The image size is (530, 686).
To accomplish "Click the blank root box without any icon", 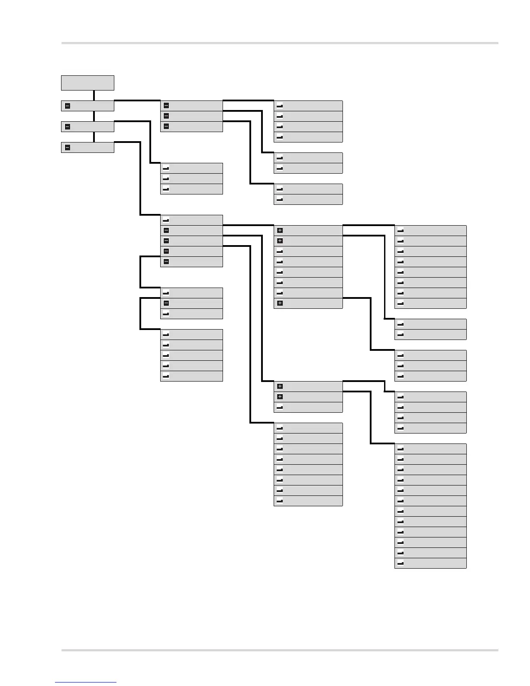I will pos(87,83).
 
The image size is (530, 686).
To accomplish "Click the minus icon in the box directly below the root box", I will pos(68,106).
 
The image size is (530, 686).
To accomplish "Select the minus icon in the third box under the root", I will pos(68,148).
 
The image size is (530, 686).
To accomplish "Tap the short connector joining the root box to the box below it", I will pos(94,95).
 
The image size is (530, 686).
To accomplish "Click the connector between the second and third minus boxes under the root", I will pos(94,137).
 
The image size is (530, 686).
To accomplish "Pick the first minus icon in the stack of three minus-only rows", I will pos(166,106).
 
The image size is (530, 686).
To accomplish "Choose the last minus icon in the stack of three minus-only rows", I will pos(166,126).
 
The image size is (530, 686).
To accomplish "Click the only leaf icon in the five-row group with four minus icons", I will pos(166,220).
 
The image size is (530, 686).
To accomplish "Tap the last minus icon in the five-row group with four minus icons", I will pos(166,262).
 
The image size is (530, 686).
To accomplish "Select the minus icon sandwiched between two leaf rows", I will pos(166,303).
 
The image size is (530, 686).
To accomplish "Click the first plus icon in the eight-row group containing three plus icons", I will pos(280,230).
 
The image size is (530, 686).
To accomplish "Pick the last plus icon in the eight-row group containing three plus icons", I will pos(280,303).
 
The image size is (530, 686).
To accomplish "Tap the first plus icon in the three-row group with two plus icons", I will pos(280,386).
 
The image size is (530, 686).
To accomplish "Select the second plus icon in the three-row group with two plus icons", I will pos(280,397).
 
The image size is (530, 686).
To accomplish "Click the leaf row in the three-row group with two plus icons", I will pos(308,407).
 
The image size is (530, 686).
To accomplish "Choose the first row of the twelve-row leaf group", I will pos(430,449).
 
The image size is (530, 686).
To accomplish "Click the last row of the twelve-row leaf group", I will pos(430,563).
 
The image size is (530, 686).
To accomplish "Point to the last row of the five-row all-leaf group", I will pos(191,376).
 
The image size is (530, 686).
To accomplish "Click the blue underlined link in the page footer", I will pos(86,683).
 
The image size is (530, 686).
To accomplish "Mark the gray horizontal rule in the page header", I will pos(280,43).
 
